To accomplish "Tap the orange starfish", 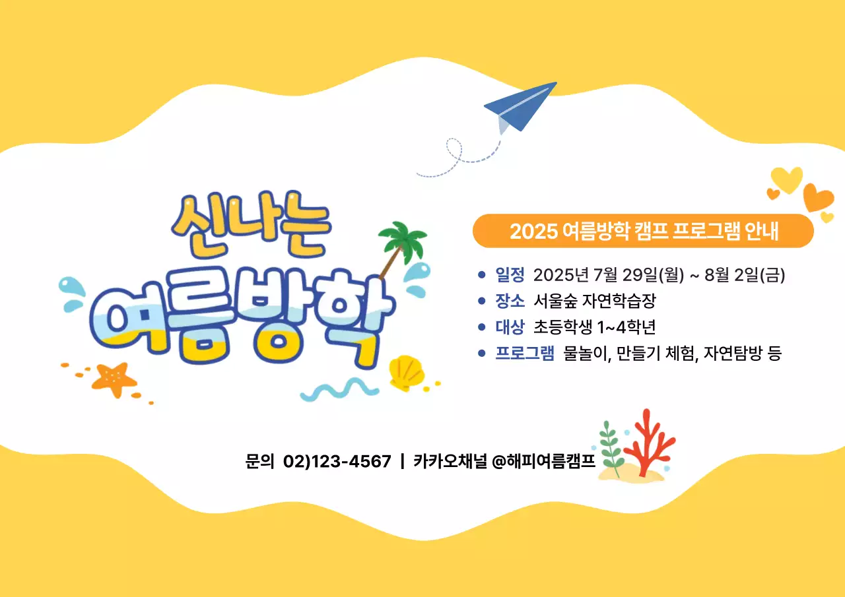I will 114,379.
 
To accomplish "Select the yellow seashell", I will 405,373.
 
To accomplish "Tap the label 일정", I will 510,274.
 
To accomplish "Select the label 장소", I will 510,301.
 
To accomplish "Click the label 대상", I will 510,327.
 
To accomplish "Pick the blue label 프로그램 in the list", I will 525,354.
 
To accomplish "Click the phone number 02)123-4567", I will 337,461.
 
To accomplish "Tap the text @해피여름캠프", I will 544,461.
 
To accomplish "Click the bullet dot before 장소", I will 481,301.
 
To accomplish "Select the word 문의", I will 259,461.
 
